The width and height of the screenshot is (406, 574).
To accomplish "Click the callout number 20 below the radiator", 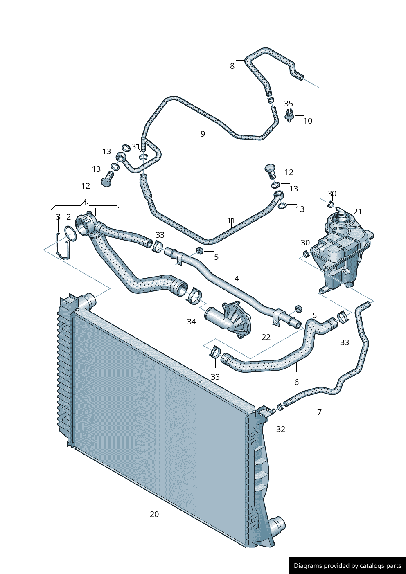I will point(154,514).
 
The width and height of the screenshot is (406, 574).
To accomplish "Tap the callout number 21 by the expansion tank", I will point(357,212).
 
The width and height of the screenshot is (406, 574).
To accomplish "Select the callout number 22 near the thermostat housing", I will point(266,337).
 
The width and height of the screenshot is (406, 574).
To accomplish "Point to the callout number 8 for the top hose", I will point(232,66).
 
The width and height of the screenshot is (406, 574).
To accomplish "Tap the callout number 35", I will point(289,104).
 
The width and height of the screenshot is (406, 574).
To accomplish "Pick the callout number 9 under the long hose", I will point(203,134).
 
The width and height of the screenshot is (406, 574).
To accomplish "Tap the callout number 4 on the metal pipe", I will point(237,279).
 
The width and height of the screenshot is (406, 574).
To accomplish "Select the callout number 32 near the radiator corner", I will point(280,429).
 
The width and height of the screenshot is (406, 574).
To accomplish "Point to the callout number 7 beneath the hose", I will point(319,412).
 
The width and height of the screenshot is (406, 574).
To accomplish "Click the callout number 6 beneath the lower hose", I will point(296,382).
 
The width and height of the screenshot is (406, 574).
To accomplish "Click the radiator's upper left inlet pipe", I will point(87,302).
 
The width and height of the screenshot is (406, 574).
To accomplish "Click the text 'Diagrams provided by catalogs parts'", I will point(347,566).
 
